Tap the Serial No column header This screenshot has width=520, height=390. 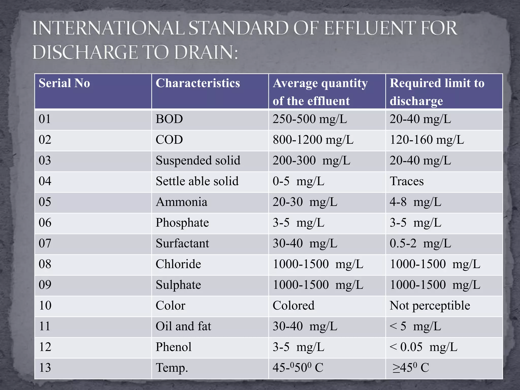(64, 83)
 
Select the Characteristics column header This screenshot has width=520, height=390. (198, 83)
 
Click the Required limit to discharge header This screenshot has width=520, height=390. (437, 92)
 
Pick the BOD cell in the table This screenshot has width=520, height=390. (169, 119)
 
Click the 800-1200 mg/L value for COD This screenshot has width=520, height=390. (313, 140)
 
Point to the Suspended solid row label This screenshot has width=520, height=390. (198, 161)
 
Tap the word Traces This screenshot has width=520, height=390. (407, 182)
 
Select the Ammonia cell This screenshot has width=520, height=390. (181, 202)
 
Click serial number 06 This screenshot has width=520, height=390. (45, 223)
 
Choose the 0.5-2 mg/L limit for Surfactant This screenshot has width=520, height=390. (420, 243)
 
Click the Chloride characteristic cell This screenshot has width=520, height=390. (178, 264)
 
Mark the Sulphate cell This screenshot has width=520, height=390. (178, 285)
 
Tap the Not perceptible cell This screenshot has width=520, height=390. (430, 306)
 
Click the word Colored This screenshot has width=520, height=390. (293, 306)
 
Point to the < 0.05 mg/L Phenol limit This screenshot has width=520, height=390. (423, 347)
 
